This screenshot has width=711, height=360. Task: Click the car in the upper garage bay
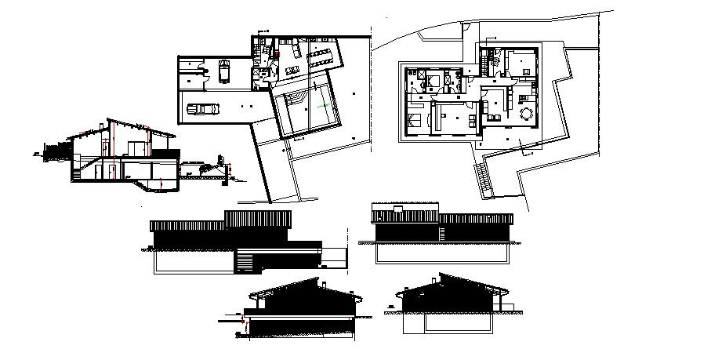[223, 71]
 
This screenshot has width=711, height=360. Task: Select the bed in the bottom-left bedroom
[413, 119]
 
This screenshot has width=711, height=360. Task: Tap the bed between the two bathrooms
[433, 79]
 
